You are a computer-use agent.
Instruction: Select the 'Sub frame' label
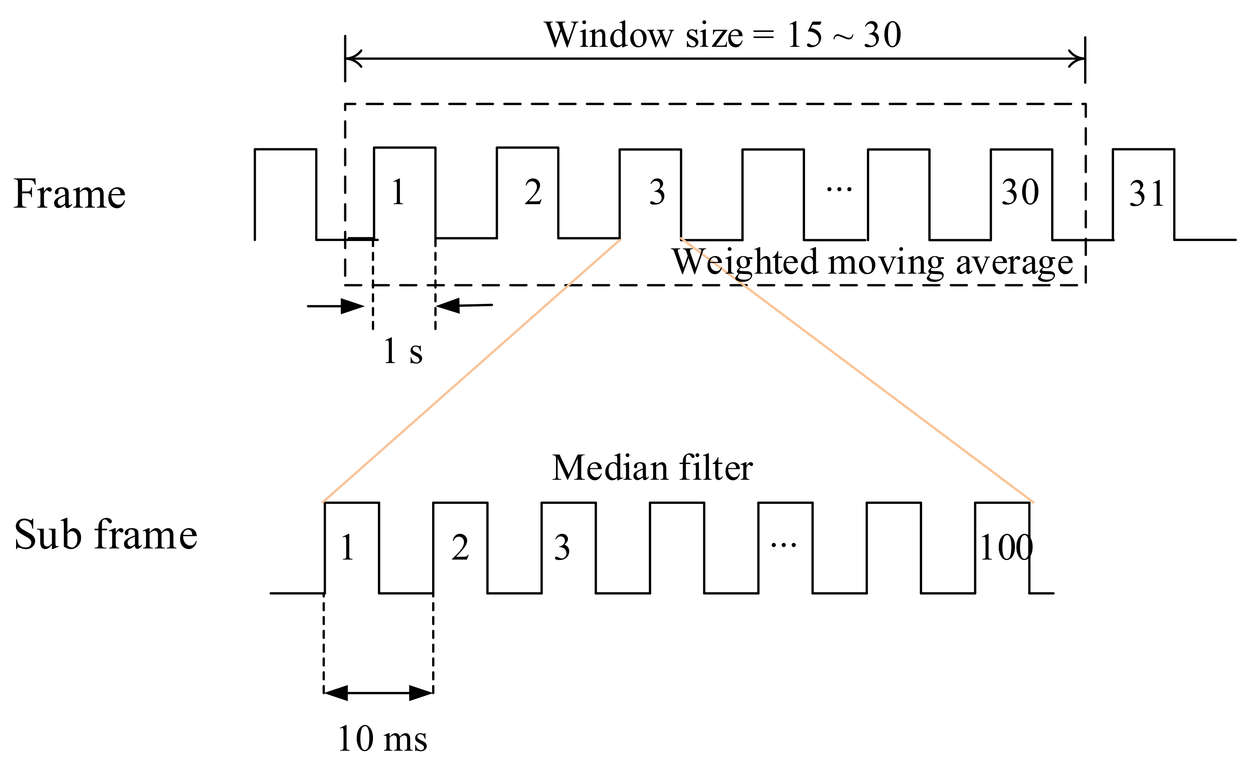pos(106,535)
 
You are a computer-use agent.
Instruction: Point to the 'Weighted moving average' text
pos(872,263)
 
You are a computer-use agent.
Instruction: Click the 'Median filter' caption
pos(652,468)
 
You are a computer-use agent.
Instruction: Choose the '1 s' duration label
pos(403,351)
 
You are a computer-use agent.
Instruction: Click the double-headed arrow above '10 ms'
pos(378,693)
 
